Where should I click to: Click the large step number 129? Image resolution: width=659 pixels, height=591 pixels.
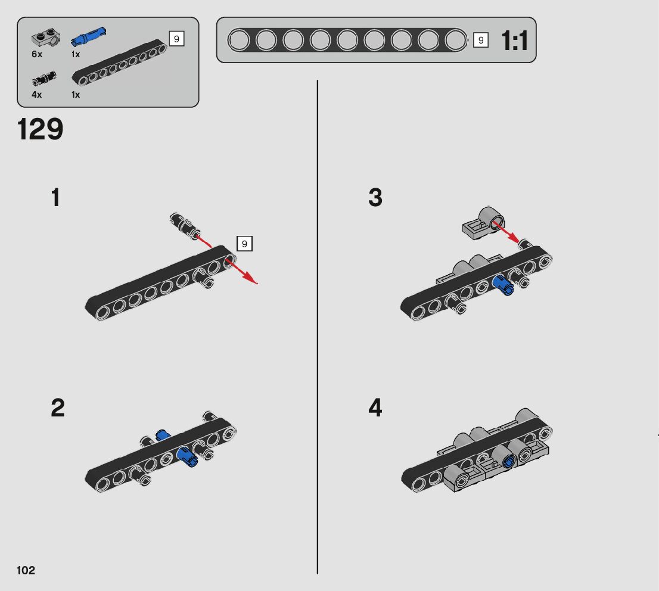point(40,129)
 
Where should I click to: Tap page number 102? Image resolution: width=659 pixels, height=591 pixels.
point(26,570)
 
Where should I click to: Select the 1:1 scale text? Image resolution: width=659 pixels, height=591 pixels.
point(514,41)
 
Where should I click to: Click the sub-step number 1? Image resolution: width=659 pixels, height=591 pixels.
point(55,197)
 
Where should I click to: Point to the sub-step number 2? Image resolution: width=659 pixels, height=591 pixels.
point(58,408)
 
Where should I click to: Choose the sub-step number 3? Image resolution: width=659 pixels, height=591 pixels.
point(375,197)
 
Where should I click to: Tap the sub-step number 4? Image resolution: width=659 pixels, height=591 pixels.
point(375,408)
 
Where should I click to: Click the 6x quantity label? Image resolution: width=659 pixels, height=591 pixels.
point(37,54)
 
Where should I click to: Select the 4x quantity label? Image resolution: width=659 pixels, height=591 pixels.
point(36,95)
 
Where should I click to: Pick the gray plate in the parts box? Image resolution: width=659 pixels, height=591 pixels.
point(46,39)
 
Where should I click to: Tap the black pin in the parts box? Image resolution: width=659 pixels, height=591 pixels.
point(44,79)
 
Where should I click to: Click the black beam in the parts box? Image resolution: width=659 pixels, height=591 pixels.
point(119,63)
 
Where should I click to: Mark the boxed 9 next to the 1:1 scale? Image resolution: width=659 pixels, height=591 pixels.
point(481,41)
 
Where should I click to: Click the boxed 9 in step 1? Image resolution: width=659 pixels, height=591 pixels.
point(245,244)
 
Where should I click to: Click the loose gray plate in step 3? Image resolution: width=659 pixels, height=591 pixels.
point(483,223)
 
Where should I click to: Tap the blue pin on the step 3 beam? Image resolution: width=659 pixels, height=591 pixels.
point(503,285)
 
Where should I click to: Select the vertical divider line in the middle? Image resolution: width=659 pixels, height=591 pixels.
point(318,327)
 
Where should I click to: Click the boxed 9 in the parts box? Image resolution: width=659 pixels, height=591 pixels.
point(176,39)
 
